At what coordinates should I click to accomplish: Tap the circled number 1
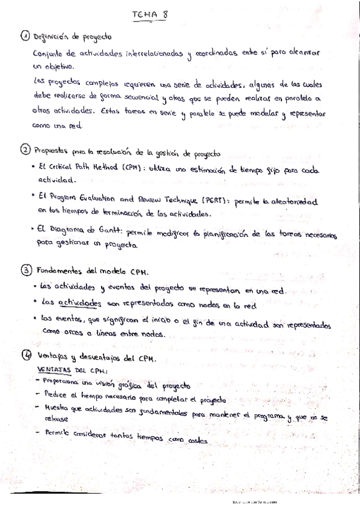click(x=25, y=37)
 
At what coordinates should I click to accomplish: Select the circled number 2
click(x=25, y=149)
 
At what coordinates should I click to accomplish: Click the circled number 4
click(x=25, y=357)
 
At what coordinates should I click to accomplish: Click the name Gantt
click(x=117, y=229)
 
